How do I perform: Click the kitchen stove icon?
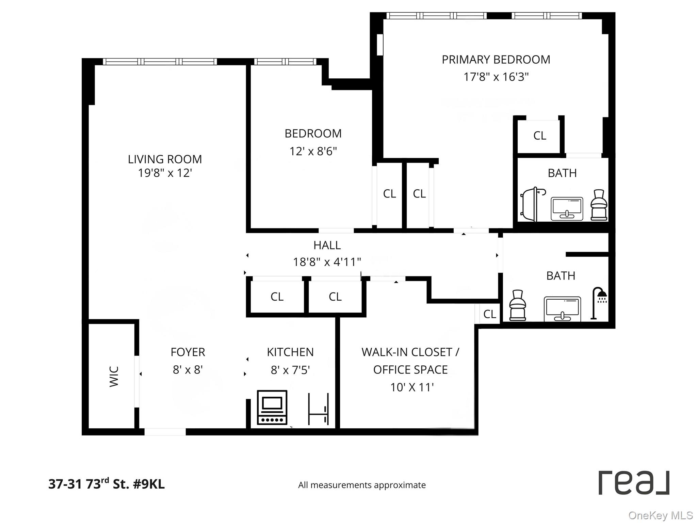click(x=272, y=408)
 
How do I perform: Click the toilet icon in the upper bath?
click(x=599, y=205)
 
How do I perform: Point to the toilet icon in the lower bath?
click(x=517, y=305)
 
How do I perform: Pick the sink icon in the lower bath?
click(x=562, y=308)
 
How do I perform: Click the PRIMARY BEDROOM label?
click(x=496, y=60)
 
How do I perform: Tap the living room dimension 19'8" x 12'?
click(x=165, y=173)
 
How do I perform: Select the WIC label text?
click(x=114, y=376)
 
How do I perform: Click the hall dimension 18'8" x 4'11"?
click(x=327, y=262)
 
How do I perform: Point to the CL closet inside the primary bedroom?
click(x=539, y=136)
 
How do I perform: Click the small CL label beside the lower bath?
click(x=489, y=314)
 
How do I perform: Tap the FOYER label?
click(x=188, y=352)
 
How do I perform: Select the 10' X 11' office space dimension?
click(x=412, y=387)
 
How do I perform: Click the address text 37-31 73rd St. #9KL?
click(x=107, y=484)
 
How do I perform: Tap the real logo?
click(x=634, y=483)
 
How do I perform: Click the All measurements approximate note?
click(x=362, y=485)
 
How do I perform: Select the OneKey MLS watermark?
click(x=660, y=516)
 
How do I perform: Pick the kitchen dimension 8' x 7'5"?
click(x=290, y=370)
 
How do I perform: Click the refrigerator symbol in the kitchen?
click(x=318, y=409)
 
